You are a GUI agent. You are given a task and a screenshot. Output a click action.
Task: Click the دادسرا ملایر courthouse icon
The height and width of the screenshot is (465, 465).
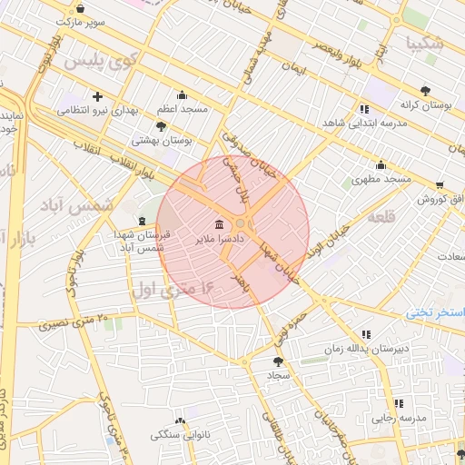219,224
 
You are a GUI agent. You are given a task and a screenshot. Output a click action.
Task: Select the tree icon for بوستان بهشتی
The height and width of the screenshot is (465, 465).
162,126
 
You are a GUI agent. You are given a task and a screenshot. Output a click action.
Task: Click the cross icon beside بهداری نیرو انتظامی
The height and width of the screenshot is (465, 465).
97,95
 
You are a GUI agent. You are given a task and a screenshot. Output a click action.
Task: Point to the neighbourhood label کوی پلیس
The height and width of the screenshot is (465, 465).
101,63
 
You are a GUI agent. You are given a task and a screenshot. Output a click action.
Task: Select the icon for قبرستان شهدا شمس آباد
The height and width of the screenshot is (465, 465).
141,221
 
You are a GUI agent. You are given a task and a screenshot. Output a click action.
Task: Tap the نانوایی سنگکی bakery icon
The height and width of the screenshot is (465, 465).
179,421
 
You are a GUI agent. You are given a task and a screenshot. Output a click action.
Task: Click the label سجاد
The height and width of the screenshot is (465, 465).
276,373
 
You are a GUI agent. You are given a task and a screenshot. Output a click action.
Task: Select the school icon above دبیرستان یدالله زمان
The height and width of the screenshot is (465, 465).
366,334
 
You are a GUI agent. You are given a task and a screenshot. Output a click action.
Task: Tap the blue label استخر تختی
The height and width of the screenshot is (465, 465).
436,312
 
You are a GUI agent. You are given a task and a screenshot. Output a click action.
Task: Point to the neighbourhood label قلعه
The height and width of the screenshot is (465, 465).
381,217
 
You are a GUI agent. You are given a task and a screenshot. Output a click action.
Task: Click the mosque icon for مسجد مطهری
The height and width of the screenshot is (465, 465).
380,164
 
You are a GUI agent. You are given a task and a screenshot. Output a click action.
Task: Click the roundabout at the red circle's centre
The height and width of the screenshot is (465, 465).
242,223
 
